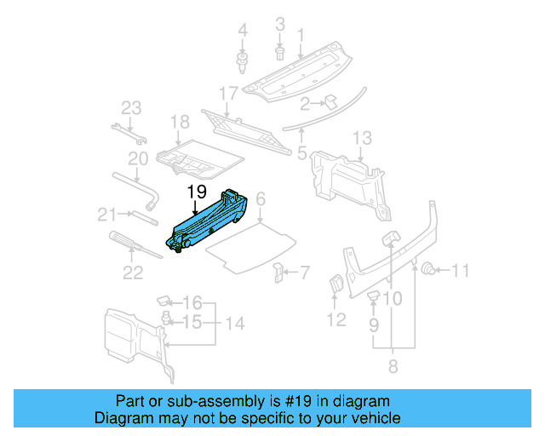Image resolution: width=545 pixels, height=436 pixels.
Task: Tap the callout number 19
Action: point(197,192)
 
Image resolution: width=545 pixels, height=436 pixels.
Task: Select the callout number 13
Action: point(362,138)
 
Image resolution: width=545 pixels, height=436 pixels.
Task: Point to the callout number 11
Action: point(460,272)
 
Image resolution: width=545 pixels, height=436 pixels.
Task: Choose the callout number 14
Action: point(234,324)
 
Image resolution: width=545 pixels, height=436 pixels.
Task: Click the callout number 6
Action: point(261,198)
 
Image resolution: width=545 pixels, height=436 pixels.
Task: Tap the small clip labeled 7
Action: point(278,272)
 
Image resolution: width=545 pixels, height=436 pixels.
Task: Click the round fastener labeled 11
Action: point(431,270)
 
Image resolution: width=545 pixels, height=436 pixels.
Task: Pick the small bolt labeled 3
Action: point(280,53)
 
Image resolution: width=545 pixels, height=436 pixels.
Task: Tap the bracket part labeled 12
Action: point(336,286)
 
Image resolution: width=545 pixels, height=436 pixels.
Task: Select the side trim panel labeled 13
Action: point(349,179)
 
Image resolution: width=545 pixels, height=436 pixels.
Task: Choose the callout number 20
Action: point(138,158)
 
